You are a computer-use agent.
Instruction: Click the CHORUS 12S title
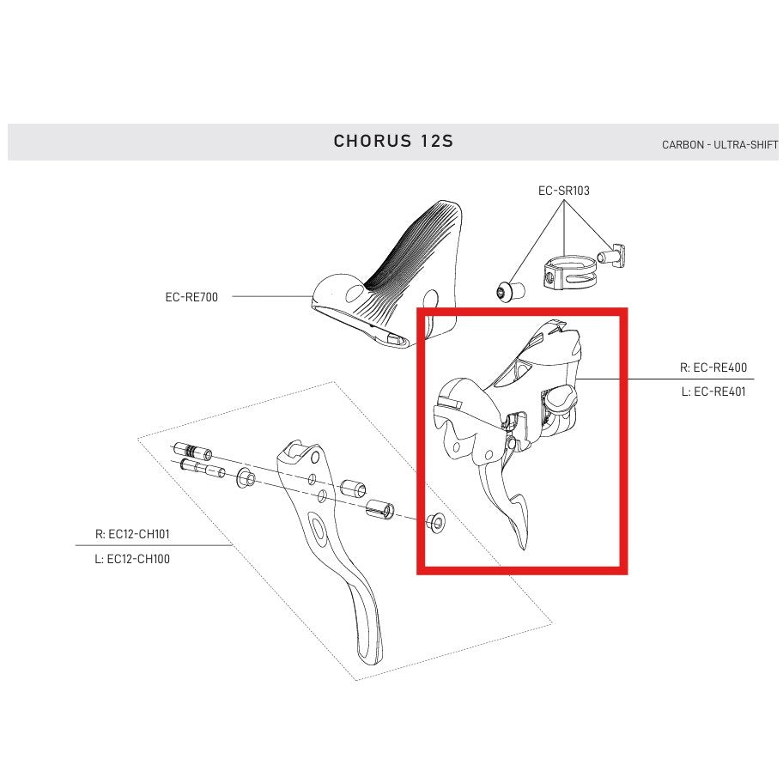tap(392, 141)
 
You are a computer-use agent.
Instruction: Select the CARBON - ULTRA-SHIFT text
tap(719, 145)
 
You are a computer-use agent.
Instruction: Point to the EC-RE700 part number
tap(191, 297)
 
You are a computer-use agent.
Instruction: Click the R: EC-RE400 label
tap(713, 367)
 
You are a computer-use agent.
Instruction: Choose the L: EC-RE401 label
tap(713, 392)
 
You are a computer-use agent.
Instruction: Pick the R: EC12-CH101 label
tap(132, 533)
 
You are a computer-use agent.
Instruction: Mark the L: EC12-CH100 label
tap(132, 559)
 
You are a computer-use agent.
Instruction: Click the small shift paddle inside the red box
tap(520, 515)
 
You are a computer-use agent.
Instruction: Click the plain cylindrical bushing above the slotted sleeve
tap(355, 489)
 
